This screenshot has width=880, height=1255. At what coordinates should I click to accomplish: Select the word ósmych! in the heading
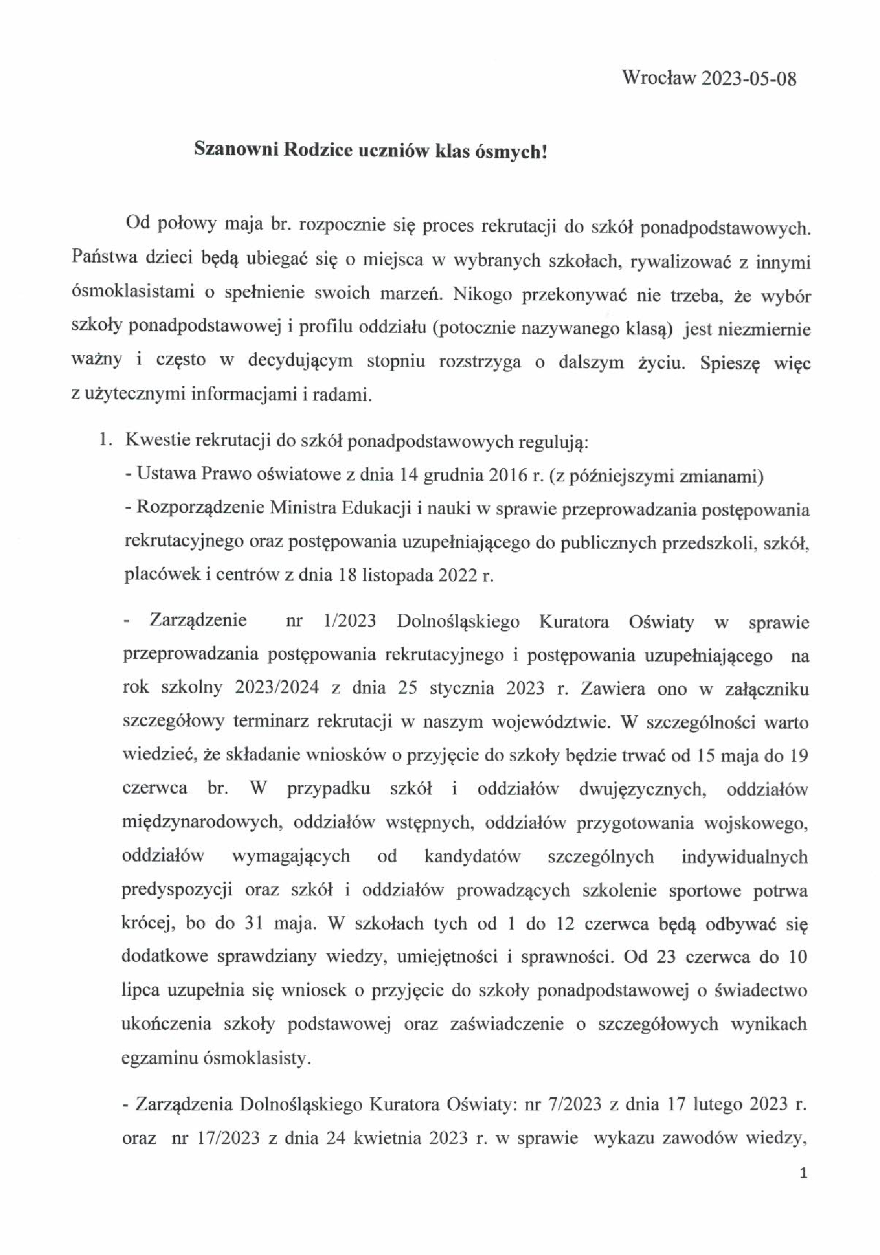point(513,151)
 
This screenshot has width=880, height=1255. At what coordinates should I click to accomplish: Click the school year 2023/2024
point(277,688)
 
